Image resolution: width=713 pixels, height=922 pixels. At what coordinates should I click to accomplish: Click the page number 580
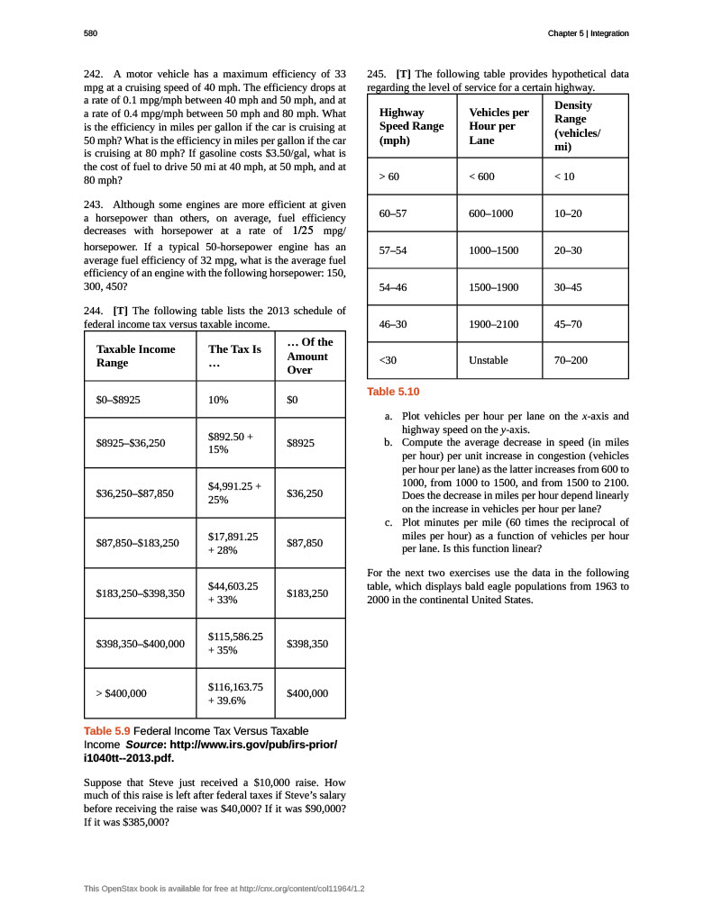[90, 34]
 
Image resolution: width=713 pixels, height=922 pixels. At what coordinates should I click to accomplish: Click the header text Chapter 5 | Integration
[588, 34]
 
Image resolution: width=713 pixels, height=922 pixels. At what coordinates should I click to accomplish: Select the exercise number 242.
[95, 73]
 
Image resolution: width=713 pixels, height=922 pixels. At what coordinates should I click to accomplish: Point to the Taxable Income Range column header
[136, 356]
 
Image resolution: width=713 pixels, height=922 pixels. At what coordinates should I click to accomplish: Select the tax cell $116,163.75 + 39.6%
[235, 693]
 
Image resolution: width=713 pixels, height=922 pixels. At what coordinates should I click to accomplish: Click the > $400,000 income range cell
[122, 693]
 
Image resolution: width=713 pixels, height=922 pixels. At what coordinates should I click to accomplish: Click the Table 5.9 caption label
[107, 730]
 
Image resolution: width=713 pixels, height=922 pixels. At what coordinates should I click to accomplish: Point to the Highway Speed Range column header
[412, 127]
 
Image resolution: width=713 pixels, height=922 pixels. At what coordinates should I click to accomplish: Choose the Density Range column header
[577, 126]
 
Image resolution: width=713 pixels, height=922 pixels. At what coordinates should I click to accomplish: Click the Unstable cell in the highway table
[489, 360]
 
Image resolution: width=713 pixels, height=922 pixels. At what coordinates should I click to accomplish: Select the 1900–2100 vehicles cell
[494, 323]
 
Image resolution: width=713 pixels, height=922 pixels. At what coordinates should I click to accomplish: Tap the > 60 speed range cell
[389, 176]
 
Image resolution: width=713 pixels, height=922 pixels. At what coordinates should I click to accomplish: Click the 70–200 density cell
[571, 360]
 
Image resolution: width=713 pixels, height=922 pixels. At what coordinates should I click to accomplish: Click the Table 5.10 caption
[393, 392]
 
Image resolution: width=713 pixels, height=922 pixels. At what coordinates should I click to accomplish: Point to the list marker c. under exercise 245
[388, 522]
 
